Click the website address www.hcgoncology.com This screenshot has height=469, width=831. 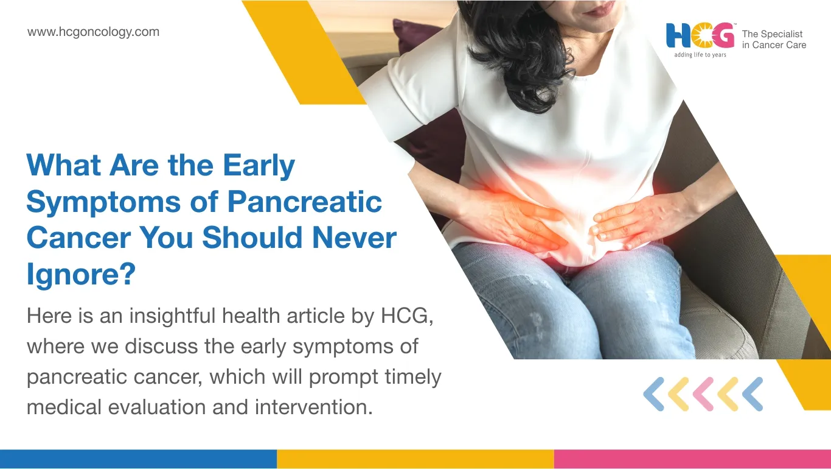(x=93, y=32)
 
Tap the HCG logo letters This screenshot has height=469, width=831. (x=700, y=35)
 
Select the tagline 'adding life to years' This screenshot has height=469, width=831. (x=700, y=55)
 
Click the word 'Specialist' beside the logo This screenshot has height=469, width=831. (x=781, y=34)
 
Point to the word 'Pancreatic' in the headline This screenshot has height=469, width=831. (x=305, y=202)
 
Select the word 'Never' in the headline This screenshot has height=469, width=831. (x=354, y=238)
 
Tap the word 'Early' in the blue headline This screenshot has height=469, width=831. (x=259, y=166)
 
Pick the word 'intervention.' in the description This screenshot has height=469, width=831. (x=313, y=407)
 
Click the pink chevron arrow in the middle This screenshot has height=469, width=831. (x=703, y=394)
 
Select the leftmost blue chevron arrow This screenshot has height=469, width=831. (x=654, y=394)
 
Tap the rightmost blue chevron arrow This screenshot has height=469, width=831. (x=753, y=394)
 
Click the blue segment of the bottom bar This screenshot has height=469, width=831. (x=138, y=459)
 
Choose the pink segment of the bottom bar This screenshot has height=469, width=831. (x=693, y=459)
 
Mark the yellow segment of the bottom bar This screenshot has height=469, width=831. (x=415, y=459)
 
